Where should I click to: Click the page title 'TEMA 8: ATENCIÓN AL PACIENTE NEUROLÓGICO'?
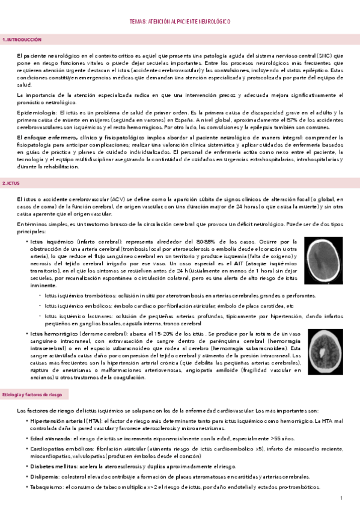[180, 22]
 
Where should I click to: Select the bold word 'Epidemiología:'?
[37, 113]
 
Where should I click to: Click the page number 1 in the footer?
[341, 499]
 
